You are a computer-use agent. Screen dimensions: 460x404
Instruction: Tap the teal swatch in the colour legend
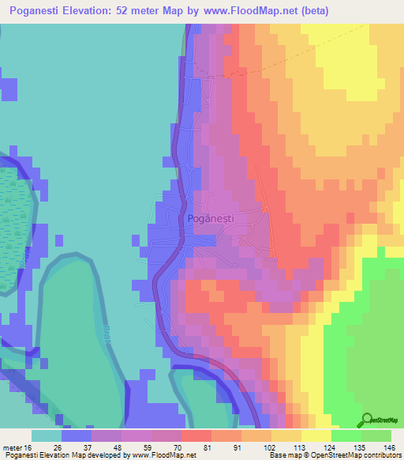(46, 435)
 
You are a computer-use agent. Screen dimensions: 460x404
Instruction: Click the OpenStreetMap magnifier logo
(367, 419)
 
